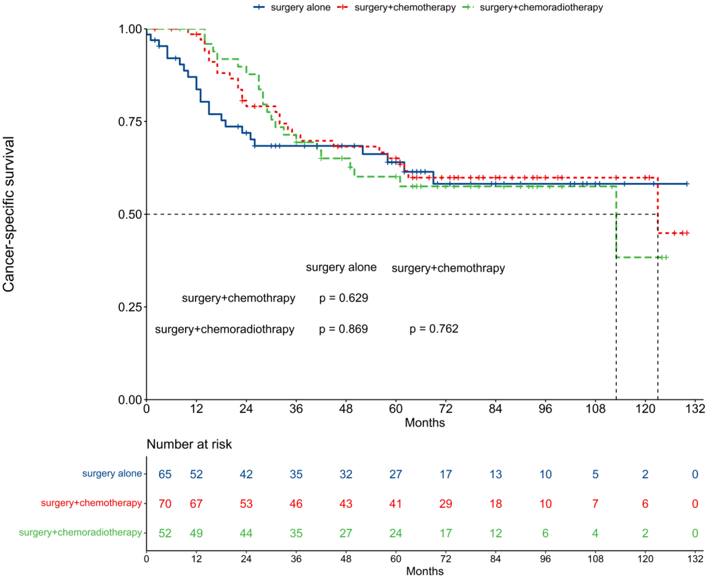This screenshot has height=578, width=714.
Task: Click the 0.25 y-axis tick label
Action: (x=130, y=307)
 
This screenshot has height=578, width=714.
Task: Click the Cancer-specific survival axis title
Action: (x=9, y=214)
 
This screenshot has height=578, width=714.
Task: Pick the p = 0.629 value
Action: (x=343, y=298)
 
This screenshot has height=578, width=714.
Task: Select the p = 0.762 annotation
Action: (x=434, y=329)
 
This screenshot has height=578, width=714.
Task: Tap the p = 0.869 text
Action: (x=343, y=329)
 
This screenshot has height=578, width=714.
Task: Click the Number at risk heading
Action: (x=189, y=444)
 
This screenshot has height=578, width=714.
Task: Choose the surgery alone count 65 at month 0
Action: (x=165, y=474)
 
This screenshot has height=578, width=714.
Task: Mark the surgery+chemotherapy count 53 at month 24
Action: (x=246, y=504)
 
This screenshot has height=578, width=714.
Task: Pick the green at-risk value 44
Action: (x=246, y=533)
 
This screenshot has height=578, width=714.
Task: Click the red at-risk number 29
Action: (x=445, y=504)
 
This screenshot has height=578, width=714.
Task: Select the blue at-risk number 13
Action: (x=495, y=474)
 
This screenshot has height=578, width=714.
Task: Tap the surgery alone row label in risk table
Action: (x=112, y=474)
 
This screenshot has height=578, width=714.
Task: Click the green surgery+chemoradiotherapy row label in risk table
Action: (x=80, y=532)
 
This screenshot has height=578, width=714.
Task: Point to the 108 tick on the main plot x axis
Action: (x=595, y=409)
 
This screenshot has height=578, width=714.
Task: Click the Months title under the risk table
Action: (x=425, y=571)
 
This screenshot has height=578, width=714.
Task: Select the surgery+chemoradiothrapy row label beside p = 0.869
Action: (x=224, y=329)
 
